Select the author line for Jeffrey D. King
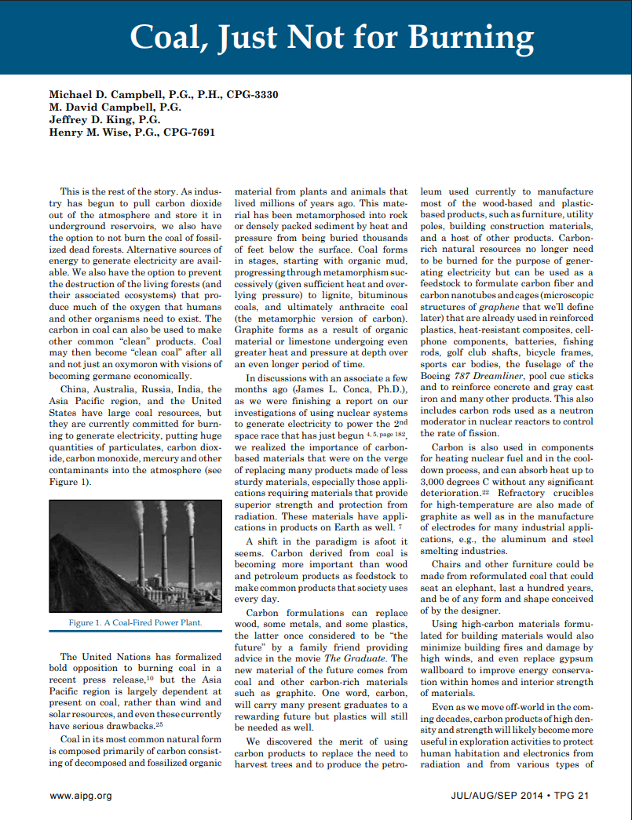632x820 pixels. pyautogui.click(x=104, y=120)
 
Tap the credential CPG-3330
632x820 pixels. pyautogui.click(x=252, y=95)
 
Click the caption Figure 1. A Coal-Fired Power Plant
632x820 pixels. pyautogui.click(x=135, y=622)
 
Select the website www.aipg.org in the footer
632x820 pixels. pyautogui.click(x=80, y=796)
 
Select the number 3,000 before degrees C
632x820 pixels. pyautogui.click(x=435, y=481)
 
